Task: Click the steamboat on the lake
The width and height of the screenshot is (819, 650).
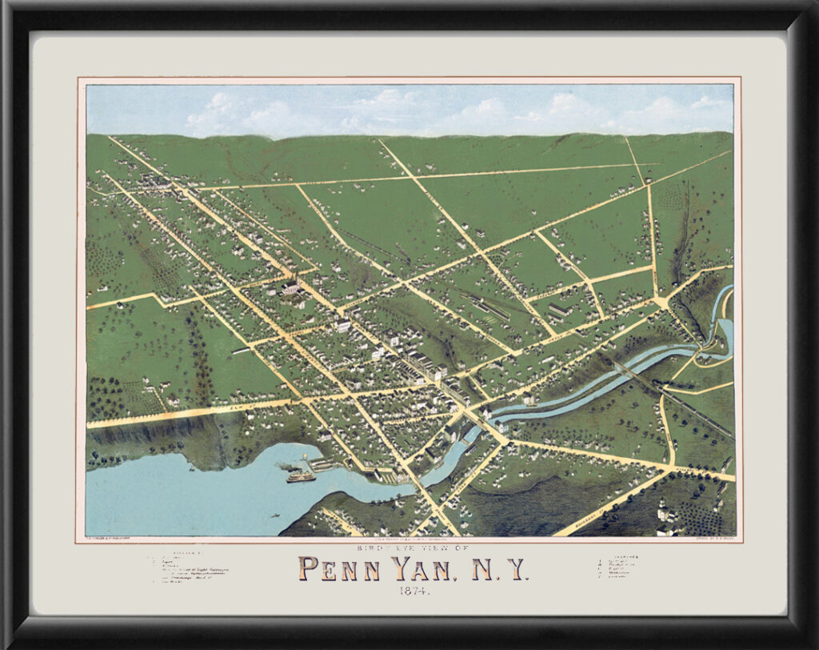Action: [301, 476]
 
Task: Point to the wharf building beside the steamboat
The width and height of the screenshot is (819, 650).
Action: [320, 463]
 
